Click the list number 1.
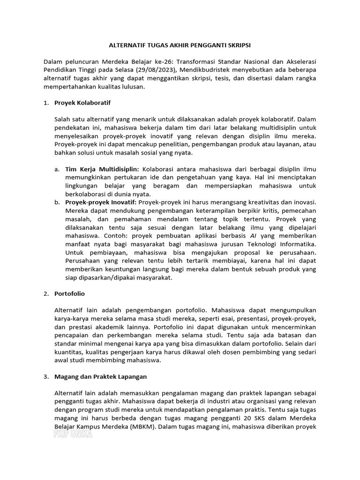coord(45,102)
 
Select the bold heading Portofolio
coord(70,293)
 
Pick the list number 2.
coord(45,293)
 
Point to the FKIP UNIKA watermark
coord(73,435)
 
